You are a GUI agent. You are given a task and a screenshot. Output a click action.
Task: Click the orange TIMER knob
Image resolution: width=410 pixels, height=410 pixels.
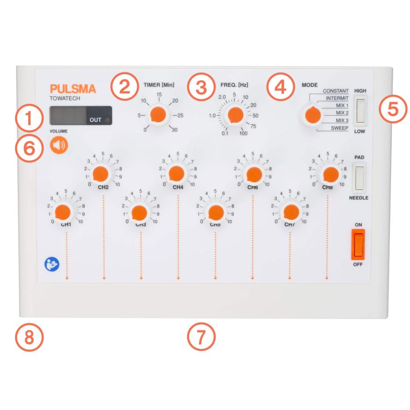pos(158,115)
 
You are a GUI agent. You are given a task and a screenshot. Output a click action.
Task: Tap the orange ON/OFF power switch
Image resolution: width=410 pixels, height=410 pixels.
pos(358,244)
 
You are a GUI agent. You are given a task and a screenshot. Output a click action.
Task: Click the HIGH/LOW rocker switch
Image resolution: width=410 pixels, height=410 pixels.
pos(361,111)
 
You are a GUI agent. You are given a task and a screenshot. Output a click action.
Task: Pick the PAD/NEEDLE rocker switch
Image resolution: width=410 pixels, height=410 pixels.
pos(360,178)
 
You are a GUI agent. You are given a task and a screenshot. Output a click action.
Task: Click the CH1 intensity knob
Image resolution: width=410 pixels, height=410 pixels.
pos(62,211)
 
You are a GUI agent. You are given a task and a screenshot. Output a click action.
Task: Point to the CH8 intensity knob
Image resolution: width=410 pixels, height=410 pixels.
pos(329,173)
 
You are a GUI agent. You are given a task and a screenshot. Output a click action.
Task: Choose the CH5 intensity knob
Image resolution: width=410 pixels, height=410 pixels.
pos(215,211)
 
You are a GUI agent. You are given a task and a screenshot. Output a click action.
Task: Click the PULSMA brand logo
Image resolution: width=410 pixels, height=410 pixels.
pos(73,89)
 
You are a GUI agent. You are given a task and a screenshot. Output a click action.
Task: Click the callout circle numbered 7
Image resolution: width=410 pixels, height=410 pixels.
pos(200,338)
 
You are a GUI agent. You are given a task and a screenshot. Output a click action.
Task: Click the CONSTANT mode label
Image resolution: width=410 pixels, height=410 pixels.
pos(336,91)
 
